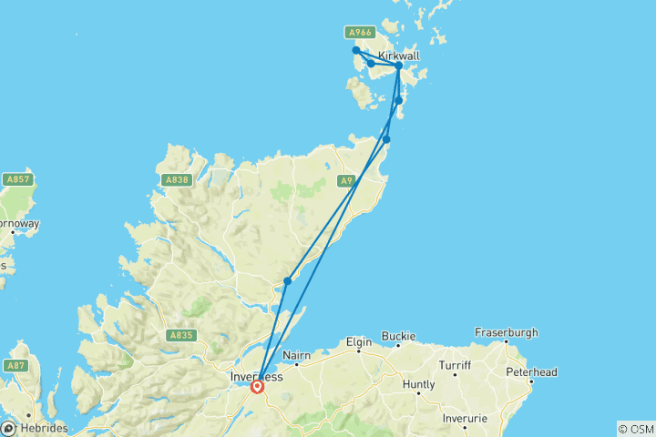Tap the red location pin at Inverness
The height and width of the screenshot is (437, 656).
click(x=258, y=386)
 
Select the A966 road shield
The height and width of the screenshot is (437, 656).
click(x=361, y=33)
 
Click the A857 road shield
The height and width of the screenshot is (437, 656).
click(x=18, y=179)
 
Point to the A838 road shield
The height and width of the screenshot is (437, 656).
click(x=177, y=180)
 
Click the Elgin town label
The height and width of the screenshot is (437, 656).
click(x=359, y=342)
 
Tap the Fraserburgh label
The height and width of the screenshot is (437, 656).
click(x=506, y=332)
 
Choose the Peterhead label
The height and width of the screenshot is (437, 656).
click(x=532, y=371)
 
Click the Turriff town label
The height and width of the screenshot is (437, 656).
click(x=453, y=364)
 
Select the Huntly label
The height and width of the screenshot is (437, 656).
click(x=418, y=384)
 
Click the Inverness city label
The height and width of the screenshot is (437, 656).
click(x=255, y=375)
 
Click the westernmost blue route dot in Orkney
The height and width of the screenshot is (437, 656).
click(x=356, y=50)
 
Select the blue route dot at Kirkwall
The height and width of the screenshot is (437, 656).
click(x=398, y=66)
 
